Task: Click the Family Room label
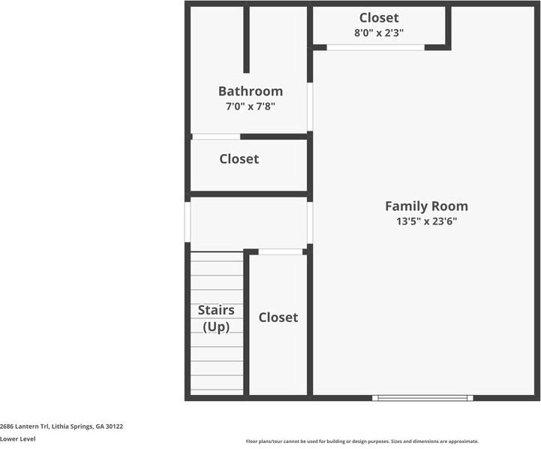coord(426,206)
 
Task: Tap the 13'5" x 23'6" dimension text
coord(426,221)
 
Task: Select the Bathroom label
coord(251,91)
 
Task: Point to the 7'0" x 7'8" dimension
coord(251,107)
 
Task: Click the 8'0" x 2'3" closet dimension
coord(379,33)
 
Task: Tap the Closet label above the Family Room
coord(379,17)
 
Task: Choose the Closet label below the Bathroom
coord(239,158)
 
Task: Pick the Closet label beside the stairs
coord(278,318)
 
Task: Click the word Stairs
coord(216,310)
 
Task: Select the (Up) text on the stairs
coord(216,327)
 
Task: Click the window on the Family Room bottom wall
coord(422,398)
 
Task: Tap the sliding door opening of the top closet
coord(375,47)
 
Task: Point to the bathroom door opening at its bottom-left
coord(216,137)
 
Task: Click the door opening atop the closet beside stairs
coord(281,252)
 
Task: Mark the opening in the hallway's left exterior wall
coord(188,222)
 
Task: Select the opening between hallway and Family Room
coord(310,222)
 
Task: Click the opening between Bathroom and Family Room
coord(310,107)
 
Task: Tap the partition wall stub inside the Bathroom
coord(246,39)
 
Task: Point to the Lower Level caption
coord(17,439)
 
